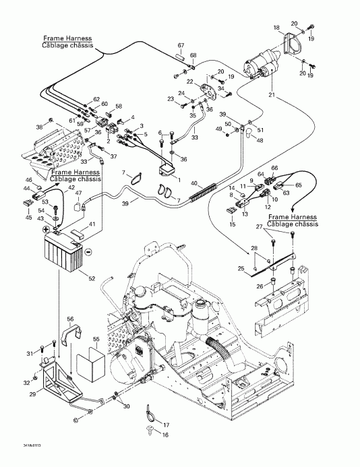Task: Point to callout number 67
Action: coord(181,44)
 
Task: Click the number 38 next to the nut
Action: coord(39,126)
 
